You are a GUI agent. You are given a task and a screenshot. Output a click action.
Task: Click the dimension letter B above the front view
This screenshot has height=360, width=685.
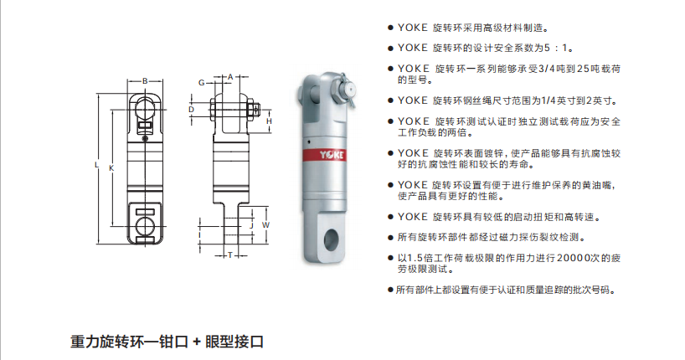click(145, 81)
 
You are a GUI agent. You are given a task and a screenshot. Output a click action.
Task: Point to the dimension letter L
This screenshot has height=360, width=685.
click(96, 165)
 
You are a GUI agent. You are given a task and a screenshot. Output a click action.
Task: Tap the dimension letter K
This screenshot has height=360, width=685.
click(111, 168)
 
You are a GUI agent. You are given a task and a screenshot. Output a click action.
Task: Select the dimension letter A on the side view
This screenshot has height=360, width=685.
click(230, 77)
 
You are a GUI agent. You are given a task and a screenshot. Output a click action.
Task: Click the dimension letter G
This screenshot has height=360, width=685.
click(201, 83)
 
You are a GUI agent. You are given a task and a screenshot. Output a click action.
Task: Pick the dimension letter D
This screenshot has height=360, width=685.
click(191, 110)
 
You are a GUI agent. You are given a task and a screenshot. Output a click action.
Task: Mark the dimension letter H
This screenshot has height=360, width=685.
click(269, 121)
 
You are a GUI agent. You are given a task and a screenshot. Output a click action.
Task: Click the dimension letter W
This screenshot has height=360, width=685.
click(265, 225)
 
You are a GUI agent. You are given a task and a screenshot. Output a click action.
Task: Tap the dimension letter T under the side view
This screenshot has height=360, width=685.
click(230, 255)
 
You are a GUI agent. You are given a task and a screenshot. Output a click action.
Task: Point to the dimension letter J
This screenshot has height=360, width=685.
click(251, 226)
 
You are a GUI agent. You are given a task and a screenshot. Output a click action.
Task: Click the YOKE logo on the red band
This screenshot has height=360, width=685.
click(332, 155)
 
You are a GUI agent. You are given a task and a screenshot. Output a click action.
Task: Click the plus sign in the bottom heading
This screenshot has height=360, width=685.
click(197, 342)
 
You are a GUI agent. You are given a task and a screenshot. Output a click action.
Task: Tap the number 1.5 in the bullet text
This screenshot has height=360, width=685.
click(415, 258)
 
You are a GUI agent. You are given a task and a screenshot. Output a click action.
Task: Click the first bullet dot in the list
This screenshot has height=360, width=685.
click(390, 28)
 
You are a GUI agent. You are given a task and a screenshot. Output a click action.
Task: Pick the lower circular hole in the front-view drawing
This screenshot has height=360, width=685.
click(145, 226)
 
